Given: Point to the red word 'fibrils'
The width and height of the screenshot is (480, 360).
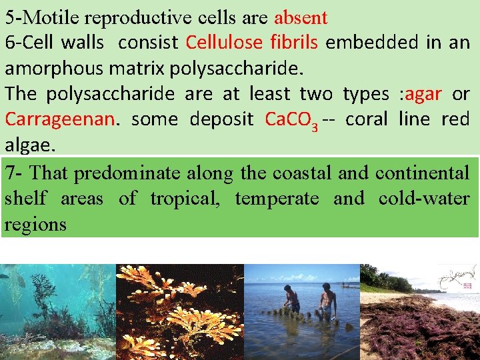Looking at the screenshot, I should tap(297, 43).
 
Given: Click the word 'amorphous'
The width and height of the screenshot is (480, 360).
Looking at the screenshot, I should tap(51, 69).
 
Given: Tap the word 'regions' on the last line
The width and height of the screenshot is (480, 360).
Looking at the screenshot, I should tap(35, 224).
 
